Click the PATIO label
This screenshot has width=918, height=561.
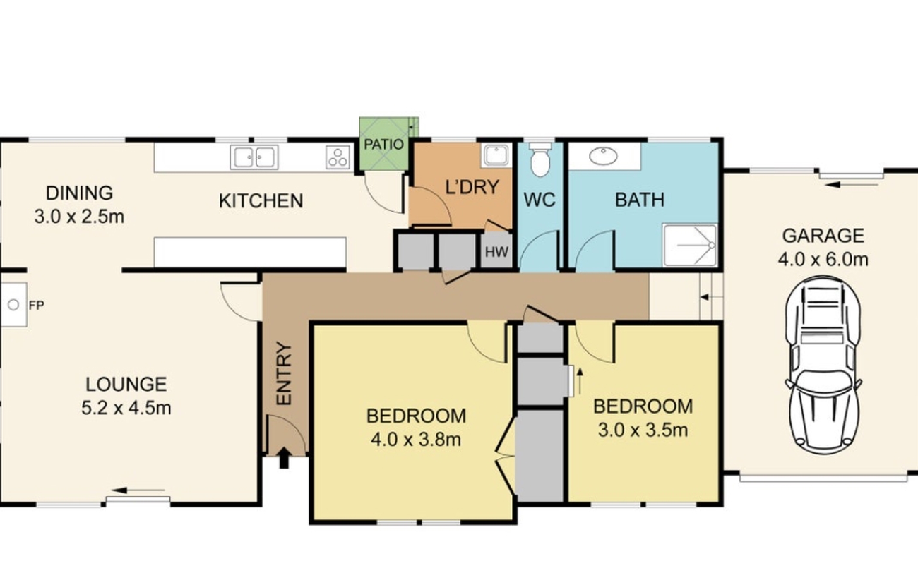coord(383,145)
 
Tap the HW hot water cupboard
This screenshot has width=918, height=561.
coord(496,251)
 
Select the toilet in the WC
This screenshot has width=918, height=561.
coord(540,159)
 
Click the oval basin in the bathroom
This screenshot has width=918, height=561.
coord(603,156)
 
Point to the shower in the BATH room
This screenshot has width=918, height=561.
coord(690,245)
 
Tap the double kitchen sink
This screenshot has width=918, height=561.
coord(254,157)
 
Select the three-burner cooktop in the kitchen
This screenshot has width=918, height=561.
coord(338,157)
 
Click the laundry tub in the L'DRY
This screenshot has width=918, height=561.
coord(496,156)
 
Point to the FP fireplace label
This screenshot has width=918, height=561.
coord(36,306)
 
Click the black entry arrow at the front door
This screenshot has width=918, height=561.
coord(284,457)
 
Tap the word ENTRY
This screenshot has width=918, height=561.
coord(284,373)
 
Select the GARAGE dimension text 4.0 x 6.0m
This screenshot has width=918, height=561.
coord(823,260)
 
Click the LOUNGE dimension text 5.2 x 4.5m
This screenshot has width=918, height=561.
coord(126,409)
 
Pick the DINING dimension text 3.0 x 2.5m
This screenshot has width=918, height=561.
coord(79,217)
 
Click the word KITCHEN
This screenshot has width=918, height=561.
coord(261,201)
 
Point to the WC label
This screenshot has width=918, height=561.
coord(540,200)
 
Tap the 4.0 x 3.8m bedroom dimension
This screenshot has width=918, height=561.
coord(416,440)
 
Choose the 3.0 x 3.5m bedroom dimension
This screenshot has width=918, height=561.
coord(643,430)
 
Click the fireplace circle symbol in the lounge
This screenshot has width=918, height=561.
coord(13,305)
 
